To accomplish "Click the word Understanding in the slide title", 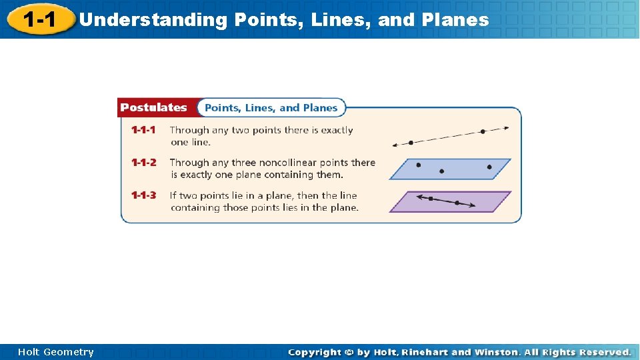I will pyautogui.click(x=153, y=20).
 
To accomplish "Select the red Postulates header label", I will pyautogui.click(x=154, y=107).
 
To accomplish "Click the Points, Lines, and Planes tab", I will pyautogui.click(x=271, y=107).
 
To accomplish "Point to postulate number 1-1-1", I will pyautogui.click(x=143, y=130).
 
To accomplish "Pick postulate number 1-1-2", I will pyautogui.click(x=143, y=162).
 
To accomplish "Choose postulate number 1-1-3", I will pyautogui.click(x=143, y=195).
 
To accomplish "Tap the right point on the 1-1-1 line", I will pyautogui.click(x=483, y=131).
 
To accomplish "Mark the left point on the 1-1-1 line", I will pyautogui.click(x=411, y=142).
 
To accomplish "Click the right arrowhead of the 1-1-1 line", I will pyautogui.click(x=507, y=128).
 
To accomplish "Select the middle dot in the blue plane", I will pyautogui.click(x=441, y=171).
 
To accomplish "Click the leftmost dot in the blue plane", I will pyautogui.click(x=418, y=164).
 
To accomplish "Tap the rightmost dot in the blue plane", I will pyautogui.click(x=489, y=167).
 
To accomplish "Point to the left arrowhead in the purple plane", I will pyautogui.click(x=418, y=197).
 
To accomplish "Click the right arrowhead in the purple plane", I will pyautogui.click(x=473, y=206).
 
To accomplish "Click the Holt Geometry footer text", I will pyautogui.click(x=56, y=352).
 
